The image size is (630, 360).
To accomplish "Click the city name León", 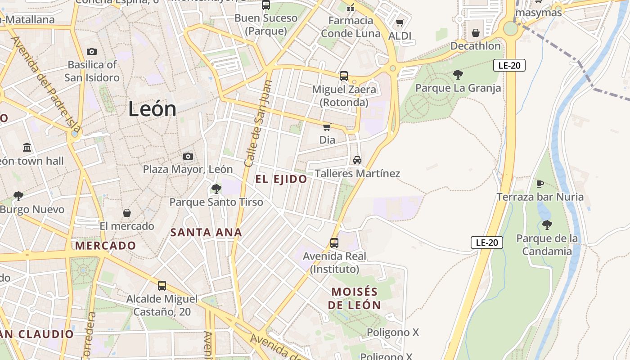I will coord(152,109).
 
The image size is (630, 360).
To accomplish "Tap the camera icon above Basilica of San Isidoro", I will coord(92,51).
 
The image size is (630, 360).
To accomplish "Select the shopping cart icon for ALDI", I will coord(400,22).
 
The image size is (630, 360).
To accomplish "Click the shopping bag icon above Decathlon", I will coord(476,33).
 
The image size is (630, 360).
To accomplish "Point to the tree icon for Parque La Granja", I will coord(458,74).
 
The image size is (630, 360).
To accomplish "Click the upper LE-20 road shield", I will coord(509,65).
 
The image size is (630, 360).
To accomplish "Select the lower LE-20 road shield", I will coord(487,243).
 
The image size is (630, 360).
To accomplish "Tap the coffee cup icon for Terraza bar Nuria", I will coord(540,184).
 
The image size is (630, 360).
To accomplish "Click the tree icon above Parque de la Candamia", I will coord(547,225).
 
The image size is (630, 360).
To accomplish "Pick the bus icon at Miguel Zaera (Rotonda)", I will coord(344,76).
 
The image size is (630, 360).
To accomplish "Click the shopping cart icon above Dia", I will coord(327,127).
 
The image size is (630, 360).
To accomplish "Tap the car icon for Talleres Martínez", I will coord(357,160).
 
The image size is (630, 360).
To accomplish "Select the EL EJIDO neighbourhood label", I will coord(281,179).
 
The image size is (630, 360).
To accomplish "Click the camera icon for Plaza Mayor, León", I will coord(188,156).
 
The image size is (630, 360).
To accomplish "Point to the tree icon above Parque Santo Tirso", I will coord(216,189).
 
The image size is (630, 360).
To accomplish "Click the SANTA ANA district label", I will coord(206,233).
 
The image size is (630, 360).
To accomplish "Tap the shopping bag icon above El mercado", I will coord(127,212).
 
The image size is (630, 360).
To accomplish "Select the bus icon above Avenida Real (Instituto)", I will coord(334,243).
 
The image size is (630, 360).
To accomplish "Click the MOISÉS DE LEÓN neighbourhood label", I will coord(354,298).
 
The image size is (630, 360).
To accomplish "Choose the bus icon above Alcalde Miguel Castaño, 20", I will coord(162,285).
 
